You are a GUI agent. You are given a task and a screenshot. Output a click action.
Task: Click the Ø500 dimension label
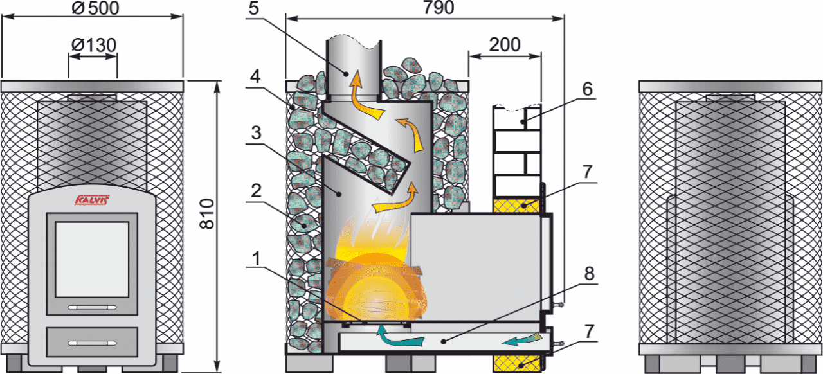coord(96,8)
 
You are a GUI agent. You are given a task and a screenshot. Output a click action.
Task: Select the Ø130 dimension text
coord(94,45)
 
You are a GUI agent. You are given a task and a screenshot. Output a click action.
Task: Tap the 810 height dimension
coord(207,214)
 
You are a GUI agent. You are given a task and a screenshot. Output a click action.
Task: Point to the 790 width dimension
coord(439,8)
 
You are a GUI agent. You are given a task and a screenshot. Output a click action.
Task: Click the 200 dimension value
coord(505,45)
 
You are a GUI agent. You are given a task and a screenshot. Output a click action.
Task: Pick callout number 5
coord(253,8)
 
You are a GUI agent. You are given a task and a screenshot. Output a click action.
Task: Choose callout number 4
coord(255,76)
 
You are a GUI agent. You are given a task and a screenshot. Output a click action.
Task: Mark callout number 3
coord(256,132)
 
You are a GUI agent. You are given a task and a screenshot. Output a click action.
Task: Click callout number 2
coord(256,191)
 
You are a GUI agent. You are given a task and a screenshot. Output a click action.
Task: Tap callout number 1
coord(256,259)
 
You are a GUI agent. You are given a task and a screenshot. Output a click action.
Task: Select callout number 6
coord(588,89)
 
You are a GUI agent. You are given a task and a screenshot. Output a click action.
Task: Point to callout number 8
coord(589,274)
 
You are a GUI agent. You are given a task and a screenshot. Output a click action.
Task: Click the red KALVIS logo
coord(92,200)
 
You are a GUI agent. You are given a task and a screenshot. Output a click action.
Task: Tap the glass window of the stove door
coord(92,260)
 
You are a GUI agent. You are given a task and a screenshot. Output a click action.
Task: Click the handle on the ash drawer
coord(92,343)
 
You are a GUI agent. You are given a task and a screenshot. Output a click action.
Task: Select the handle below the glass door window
coord(92,308)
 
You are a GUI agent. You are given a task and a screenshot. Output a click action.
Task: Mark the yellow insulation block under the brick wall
coord(516,206)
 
